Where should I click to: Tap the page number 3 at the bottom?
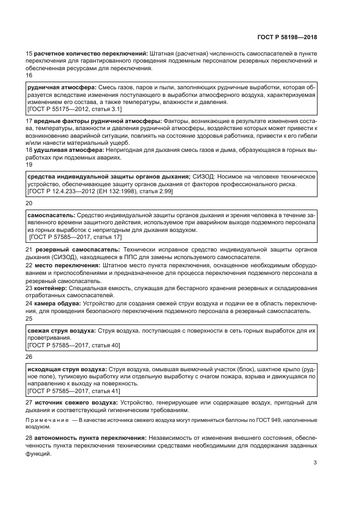315,463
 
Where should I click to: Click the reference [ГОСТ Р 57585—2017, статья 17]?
75,237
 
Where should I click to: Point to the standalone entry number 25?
30,318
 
